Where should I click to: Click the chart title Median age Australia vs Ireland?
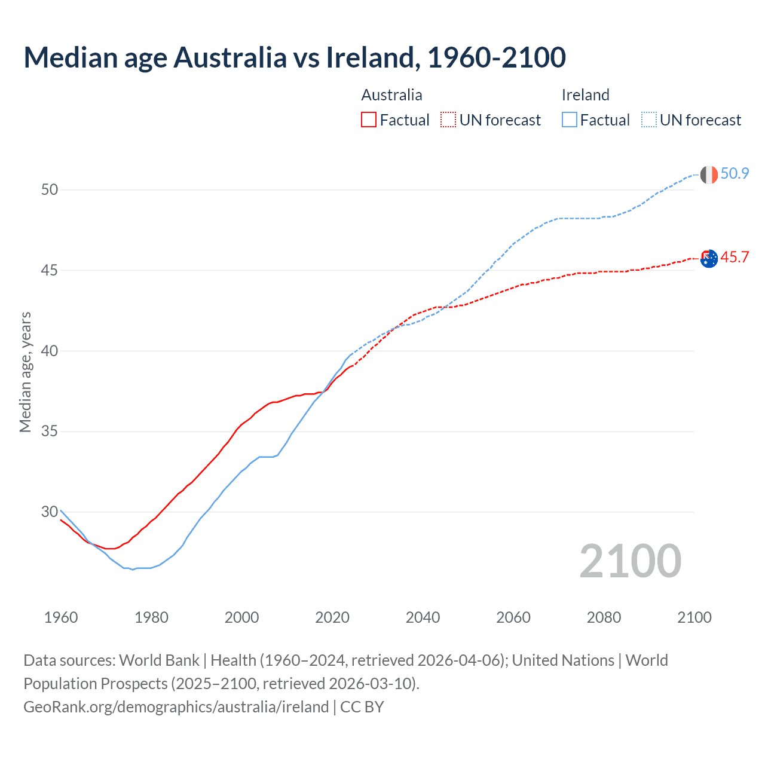(294, 57)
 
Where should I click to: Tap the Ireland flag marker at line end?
(708, 175)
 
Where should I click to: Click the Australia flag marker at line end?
(708, 259)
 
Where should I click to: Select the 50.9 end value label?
(735, 174)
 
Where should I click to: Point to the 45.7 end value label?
(735, 258)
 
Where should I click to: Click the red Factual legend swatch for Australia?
(369, 120)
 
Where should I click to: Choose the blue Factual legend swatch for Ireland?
(569, 120)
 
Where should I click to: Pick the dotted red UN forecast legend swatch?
(448, 120)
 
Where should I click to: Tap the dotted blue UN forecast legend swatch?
(648, 120)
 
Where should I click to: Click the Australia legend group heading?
(391, 95)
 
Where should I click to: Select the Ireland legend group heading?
(585, 95)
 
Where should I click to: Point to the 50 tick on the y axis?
(50, 190)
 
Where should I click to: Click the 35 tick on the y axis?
(50, 432)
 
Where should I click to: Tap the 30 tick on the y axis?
(50, 512)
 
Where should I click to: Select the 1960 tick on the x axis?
(61, 617)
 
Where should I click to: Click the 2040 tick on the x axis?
(423, 617)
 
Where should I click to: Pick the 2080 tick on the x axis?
(604, 617)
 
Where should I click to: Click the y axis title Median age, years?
(25, 372)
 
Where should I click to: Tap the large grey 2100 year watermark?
(630, 561)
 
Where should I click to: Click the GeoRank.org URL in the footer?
(176, 707)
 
